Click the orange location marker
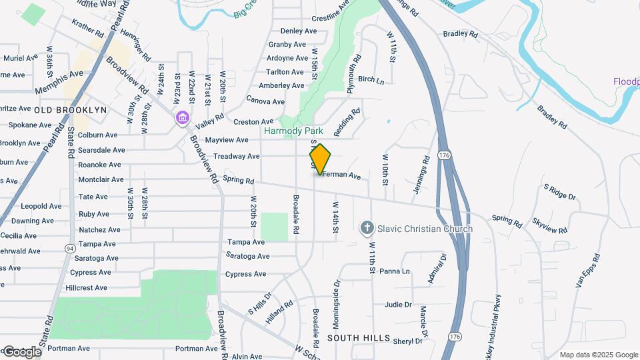[x=321, y=159]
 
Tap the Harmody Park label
[x=293, y=131]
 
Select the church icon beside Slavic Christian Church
[x=366, y=229]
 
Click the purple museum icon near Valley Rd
[x=181, y=118]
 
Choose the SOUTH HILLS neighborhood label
[x=359, y=339]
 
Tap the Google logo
[x=21, y=351]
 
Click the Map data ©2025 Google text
[x=598, y=355]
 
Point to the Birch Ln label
[x=371, y=80]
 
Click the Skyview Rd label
[x=550, y=225]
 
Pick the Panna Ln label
[x=395, y=271]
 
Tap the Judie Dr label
[x=398, y=305]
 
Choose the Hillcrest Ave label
[x=87, y=288]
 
